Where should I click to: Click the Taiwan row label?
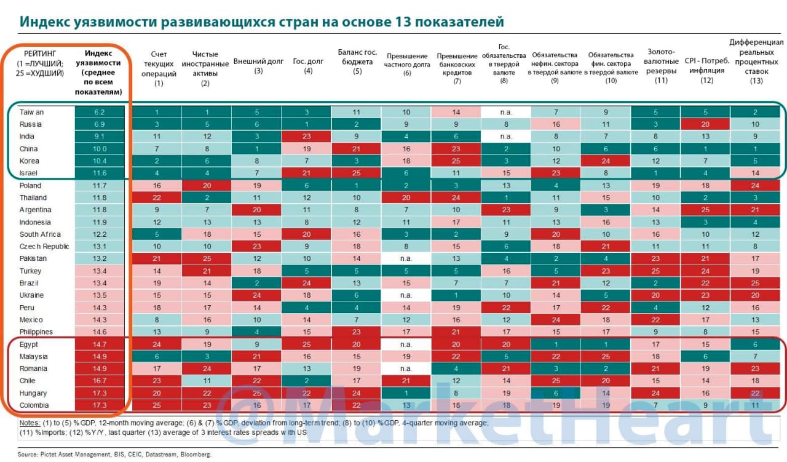pyautogui.click(x=31, y=112)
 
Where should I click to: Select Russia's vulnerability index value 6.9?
pyautogui.click(x=100, y=124)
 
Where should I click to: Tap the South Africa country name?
pyautogui.click(x=40, y=234)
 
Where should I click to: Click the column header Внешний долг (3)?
pyautogui.click(x=258, y=66)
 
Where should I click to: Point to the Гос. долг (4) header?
pyautogui.click(x=308, y=66)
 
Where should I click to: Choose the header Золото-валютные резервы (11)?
pyautogui.click(x=661, y=66)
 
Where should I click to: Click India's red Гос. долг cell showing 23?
pyautogui.click(x=306, y=137)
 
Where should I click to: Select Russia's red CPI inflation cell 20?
pyautogui.click(x=705, y=124)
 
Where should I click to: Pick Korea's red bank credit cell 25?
pyautogui.click(x=456, y=161)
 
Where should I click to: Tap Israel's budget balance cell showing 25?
pyautogui.click(x=356, y=173)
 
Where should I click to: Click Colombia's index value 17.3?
pyautogui.click(x=100, y=405)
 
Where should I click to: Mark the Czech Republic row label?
pyautogui.click(x=44, y=247)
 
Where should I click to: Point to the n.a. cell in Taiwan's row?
pyautogui.click(x=506, y=112)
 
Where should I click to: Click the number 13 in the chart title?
pyautogui.click(x=403, y=22)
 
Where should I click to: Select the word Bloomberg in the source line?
pyautogui.click(x=196, y=454)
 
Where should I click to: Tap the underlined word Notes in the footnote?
pyautogui.click(x=30, y=423)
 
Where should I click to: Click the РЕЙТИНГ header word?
pyautogui.click(x=40, y=54)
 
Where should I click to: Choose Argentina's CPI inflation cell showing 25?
pyautogui.click(x=705, y=210)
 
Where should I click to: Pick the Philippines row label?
pyautogui.click(x=36, y=332)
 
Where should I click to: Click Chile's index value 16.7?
pyautogui.click(x=100, y=381)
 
